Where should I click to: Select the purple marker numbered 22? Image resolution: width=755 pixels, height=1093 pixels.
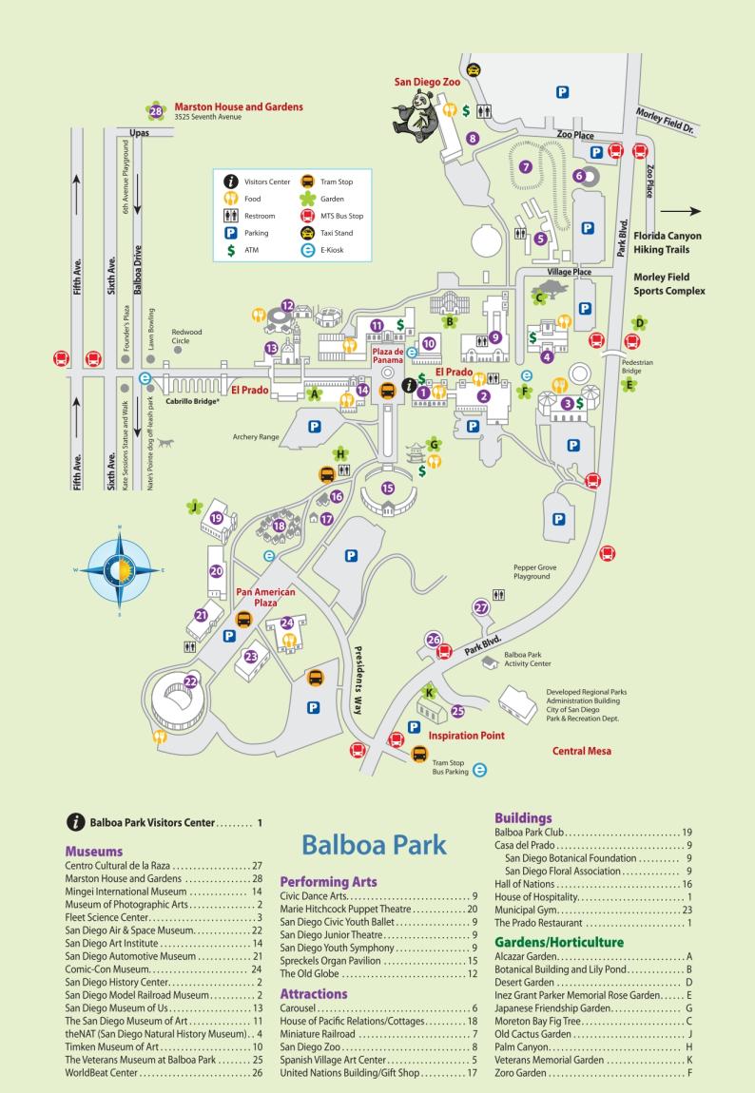[x=191, y=681]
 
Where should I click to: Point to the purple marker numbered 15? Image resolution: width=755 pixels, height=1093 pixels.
[x=387, y=488]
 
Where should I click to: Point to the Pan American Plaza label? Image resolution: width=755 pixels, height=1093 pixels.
[x=265, y=598]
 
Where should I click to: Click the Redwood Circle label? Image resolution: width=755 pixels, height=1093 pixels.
[x=186, y=336]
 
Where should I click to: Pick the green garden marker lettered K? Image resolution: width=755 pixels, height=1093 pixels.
[x=429, y=692]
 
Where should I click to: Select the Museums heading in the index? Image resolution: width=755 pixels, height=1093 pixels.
[x=95, y=853]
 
